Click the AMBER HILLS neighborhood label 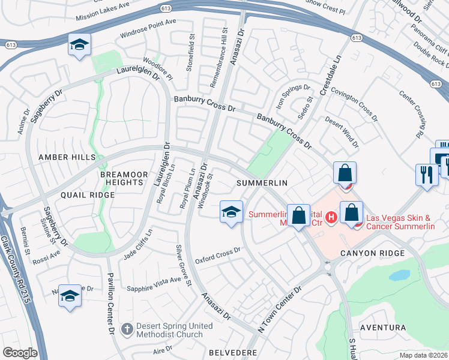pos(67,157)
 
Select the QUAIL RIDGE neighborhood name pos(87,195)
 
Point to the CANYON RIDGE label pos(369,253)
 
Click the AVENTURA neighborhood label pos(382,328)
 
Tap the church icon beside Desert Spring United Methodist pos(127,329)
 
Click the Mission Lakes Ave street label pos(103,11)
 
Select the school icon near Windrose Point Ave pos(79,47)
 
